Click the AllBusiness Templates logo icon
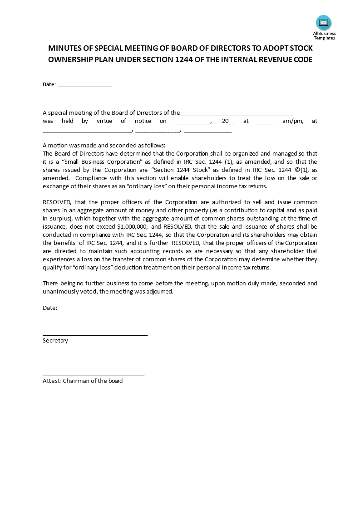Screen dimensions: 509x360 pos(324,23)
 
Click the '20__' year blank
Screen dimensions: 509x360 pos(228,121)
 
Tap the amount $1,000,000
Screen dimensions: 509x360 pos(132,226)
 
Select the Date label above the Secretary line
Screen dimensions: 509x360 pos(50,308)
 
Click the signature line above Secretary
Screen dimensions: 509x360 pos(95,335)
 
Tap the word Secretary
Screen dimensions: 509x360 pos(55,341)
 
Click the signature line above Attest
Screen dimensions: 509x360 pos(94,376)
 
